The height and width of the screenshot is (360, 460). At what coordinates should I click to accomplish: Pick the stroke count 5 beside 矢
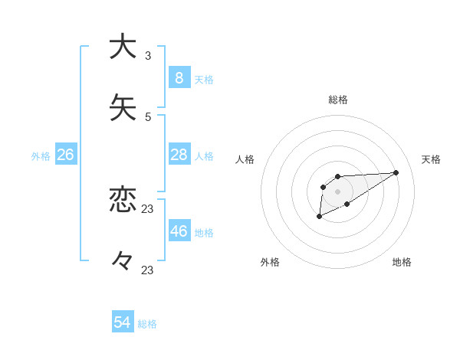148,116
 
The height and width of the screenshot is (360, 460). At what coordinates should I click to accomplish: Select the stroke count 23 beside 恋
148,208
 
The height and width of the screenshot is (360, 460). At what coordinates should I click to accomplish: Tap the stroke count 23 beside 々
148,270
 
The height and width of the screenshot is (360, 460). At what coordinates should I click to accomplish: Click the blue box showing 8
179,78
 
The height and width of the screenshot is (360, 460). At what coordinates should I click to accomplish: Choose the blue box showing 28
179,155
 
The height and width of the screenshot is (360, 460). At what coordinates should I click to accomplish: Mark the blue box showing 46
179,231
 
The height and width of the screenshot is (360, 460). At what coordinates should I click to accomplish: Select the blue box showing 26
65,155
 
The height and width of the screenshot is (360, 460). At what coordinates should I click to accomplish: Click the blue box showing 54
123,323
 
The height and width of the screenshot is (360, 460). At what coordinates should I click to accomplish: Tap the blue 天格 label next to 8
204,80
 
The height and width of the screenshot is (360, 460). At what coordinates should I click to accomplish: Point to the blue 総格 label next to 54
147,325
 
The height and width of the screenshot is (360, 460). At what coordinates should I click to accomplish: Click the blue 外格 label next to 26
41,156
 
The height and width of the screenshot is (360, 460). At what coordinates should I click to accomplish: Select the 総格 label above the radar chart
338,100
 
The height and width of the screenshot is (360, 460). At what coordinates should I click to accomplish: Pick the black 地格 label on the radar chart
402,262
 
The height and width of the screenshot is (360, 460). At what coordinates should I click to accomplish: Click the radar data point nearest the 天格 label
396,172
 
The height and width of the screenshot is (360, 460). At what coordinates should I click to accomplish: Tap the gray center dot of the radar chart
337,191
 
